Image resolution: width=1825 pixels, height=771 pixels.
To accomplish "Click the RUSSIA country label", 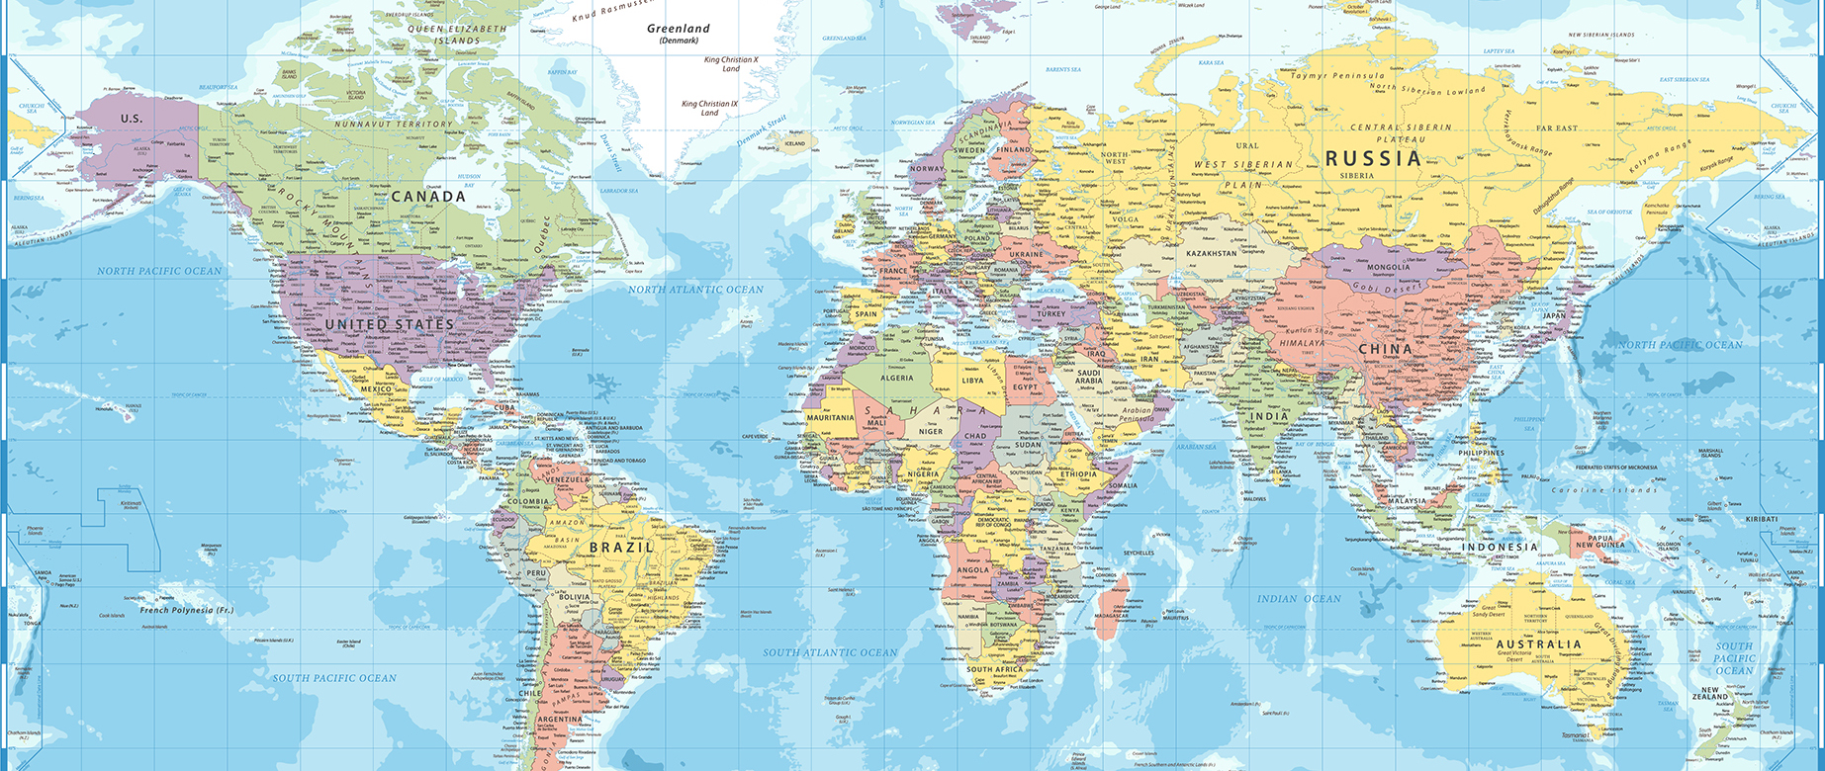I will coord(1373,158).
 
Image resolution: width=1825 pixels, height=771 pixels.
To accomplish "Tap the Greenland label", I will coord(679,29).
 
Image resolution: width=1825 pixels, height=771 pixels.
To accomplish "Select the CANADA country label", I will coord(428,197).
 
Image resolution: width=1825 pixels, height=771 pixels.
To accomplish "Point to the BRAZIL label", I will coord(621,547).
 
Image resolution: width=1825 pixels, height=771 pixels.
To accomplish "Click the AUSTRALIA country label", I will coord(1538,643).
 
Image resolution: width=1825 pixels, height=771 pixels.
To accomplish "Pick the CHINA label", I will coord(1385,349).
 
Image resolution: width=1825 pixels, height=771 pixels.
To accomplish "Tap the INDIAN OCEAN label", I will coord(1299,599).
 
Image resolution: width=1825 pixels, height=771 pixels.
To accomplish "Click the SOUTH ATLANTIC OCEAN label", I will coord(830,652).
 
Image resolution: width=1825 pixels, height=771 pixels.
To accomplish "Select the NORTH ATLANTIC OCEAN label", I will coord(695,290).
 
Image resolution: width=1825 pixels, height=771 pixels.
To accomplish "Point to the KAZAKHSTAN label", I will coord(1211,253).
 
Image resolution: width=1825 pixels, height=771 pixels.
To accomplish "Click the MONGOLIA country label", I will coord(1388,267).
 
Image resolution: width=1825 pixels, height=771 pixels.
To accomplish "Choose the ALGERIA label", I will coord(897,378).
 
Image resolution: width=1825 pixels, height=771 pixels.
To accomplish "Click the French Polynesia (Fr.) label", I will coord(186,610).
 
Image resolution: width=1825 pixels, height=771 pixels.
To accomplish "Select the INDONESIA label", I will coord(1500,547).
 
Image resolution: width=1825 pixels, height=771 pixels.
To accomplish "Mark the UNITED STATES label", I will coord(389,324).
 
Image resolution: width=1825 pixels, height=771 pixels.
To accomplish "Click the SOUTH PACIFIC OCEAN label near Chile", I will coord(334,678).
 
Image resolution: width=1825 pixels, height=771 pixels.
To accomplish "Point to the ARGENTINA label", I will coord(560,720).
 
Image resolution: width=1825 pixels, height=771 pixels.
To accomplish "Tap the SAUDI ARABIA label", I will coord(1088,377).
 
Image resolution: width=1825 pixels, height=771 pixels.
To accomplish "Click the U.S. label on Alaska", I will coord(132,119).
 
